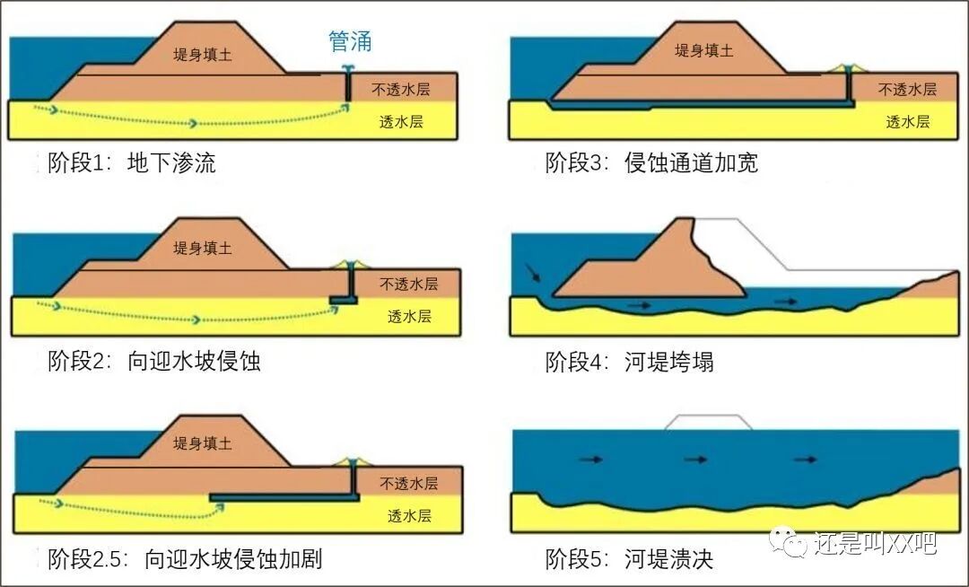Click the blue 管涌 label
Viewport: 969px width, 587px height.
[350, 41]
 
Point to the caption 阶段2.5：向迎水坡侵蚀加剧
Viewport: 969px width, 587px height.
[184, 559]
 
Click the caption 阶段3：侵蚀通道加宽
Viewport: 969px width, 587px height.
[651, 162]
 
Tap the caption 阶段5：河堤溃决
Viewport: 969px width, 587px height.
[629, 559]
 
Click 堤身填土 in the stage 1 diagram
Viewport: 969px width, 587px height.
[203, 55]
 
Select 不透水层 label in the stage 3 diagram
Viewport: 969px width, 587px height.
[907, 90]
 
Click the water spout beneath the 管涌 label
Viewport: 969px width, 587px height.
[348, 69]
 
